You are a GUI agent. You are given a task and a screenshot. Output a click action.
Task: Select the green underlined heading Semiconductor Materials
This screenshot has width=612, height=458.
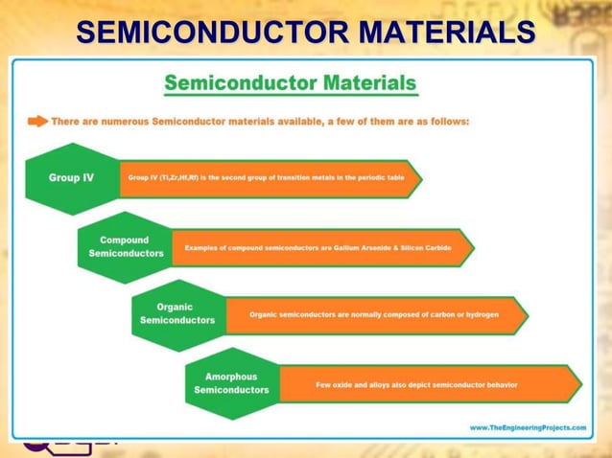coord(290,83)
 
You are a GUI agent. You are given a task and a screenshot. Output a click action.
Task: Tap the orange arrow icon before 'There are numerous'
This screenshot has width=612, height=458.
coord(37,122)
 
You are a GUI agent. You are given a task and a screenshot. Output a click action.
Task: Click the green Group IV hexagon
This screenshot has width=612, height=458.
coord(72,178)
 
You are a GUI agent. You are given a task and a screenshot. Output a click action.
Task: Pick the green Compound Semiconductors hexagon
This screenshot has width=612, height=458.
coord(126,247)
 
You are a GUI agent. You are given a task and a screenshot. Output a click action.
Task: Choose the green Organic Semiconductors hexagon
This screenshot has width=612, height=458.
coord(177,314)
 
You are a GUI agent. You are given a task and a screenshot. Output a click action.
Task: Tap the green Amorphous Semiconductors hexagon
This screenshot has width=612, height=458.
coord(231,383)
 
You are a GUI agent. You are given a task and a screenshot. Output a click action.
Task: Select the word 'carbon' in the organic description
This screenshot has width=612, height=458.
coord(437,314)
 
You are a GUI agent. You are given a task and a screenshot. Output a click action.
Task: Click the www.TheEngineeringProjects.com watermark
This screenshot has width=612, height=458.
coord(527,427)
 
